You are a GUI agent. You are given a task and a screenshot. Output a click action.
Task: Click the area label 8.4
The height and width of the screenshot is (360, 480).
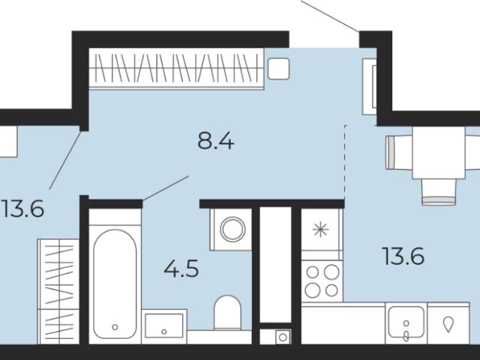tap(216, 142)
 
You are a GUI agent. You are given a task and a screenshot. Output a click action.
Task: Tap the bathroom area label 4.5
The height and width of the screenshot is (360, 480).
tap(181, 268)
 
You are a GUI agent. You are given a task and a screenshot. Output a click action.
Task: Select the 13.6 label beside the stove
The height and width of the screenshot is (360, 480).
tap(403, 256)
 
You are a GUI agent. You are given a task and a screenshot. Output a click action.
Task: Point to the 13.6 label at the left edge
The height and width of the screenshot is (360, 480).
tap(23, 208)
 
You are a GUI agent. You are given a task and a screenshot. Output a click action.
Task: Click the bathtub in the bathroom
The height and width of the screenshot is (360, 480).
tap(115, 284)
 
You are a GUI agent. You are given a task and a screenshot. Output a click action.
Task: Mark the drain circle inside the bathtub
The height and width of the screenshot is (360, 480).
tap(115, 327)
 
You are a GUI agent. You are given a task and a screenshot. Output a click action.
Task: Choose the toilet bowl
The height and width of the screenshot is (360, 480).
tap(227, 312)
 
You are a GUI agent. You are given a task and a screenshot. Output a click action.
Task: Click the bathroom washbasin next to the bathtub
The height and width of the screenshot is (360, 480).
tap(164, 325)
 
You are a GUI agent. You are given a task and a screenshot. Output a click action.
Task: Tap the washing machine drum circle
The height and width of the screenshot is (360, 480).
tap(232, 229)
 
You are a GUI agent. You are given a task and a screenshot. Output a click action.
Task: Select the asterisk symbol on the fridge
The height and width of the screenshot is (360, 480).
tap(321, 229)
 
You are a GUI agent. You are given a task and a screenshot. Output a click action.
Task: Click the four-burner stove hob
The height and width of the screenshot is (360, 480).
tap(322, 280)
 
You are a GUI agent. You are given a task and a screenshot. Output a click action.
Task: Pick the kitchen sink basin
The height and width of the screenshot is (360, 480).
tap(406, 322)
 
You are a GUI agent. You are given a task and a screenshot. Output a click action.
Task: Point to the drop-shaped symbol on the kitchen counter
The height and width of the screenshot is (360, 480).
tap(448, 325)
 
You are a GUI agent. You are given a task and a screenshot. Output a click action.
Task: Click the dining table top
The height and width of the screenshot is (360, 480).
tap(438, 152)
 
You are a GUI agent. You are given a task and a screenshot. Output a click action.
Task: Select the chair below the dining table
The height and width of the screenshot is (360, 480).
tap(439, 192)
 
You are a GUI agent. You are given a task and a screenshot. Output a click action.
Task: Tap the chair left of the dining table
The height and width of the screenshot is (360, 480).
tap(399, 153)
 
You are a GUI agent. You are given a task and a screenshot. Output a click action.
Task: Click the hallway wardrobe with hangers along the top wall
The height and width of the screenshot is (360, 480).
tap(176, 68)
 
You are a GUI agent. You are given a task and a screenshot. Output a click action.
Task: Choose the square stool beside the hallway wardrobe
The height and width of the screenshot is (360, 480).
tap(278, 68)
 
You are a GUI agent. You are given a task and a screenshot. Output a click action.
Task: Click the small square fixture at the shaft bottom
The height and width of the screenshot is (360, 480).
tap(283, 337)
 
